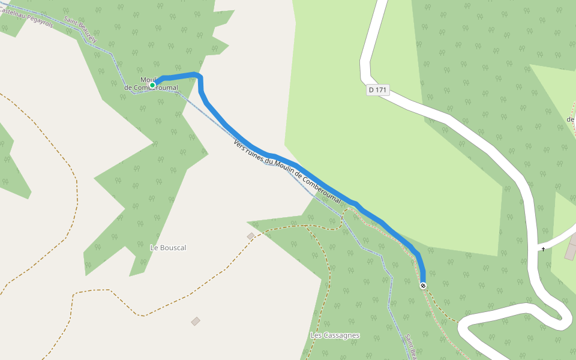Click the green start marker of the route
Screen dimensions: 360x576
pos(152,85)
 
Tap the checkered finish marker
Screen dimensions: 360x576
pos(423,286)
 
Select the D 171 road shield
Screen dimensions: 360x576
pos(378,90)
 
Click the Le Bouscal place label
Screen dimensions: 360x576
pos(168,247)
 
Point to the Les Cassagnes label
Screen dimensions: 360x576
pos(335,335)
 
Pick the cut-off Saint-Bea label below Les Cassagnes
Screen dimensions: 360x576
pos(410,347)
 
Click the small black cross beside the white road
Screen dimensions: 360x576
pos(543,249)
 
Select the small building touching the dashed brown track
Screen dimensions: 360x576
pos(250,236)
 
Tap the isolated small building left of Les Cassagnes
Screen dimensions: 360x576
pos(195,322)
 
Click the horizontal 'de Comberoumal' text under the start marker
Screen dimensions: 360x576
pos(151,88)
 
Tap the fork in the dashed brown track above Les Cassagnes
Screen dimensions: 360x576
pos(307,226)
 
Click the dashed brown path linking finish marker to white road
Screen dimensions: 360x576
pos(441,307)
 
